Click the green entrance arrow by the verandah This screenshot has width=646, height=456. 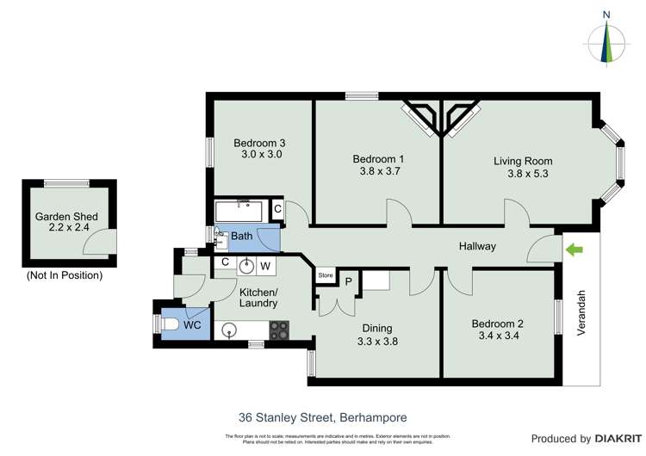(x=574, y=250)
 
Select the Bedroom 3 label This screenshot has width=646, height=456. (x=259, y=143)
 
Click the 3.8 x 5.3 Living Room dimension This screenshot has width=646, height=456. (x=528, y=174)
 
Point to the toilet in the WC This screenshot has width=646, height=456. (x=171, y=324)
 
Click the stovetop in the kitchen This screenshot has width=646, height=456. (x=281, y=330)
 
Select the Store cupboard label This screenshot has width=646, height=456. (x=326, y=276)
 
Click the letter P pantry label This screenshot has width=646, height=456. (x=349, y=281)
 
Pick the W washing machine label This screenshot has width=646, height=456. (x=265, y=264)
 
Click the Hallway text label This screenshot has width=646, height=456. (x=477, y=247)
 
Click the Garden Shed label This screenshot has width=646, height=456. (x=66, y=217)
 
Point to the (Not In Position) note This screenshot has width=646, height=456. (x=65, y=275)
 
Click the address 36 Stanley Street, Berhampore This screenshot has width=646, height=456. (x=323, y=417)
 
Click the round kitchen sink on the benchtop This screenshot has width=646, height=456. (x=229, y=329)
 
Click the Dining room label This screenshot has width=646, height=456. (x=377, y=328)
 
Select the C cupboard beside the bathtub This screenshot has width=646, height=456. (x=277, y=209)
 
